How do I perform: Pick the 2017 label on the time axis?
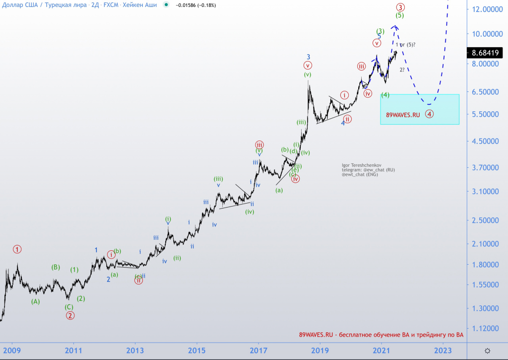[x=258, y=350]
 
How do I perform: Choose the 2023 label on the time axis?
[x=443, y=350]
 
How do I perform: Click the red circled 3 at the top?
[x=400, y=7]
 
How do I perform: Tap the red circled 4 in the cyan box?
[x=430, y=114]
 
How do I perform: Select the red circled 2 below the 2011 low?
[x=70, y=315]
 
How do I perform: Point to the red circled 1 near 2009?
[x=17, y=249]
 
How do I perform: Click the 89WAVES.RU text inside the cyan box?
[x=403, y=115]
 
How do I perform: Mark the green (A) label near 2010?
[x=35, y=301]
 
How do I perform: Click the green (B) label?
[x=56, y=267]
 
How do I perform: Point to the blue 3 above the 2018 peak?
[x=308, y=57]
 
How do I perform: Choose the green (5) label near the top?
[x=399, y=15]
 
